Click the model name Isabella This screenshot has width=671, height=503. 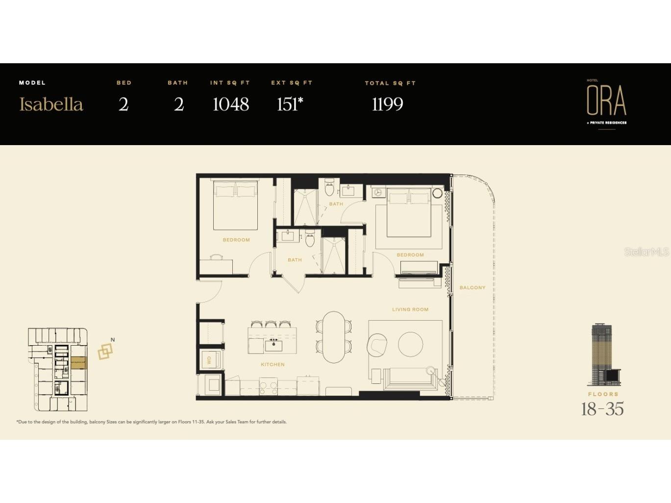pyautogui.click(x=51, y=104)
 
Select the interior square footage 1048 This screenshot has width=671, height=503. pyautogui.click(x=230, y=104)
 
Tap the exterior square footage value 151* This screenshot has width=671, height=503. pyautogui.click(x=290, y=104)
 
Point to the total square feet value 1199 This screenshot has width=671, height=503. pyautogui.click(x=387, y=104)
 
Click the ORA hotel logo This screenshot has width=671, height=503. pyautogui.click(x=606, y=101)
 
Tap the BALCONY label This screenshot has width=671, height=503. pyautogui.click(x=472, y=288)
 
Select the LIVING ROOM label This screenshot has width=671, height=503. pyautogui.click(x=410, y=309)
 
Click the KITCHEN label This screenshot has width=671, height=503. pyautogui.click(x=273, y=364)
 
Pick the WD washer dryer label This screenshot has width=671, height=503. pyautogui.click(x=209, y=360)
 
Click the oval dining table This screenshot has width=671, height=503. pyautogui.click(x=334, y=337)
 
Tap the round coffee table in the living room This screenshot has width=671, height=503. pyautogui.click(x=410, y=344)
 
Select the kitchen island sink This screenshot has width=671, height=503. pyautogui.click(x=273, y=345)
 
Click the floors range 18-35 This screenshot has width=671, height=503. pyautogui.click(x=602, y=409)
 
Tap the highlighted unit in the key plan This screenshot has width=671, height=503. pyautogui.click(x=78, y=363)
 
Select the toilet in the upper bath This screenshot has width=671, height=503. pyautogui.click(x=329, y=188)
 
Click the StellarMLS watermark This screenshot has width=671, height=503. pyautogui.click(x=646, y=252)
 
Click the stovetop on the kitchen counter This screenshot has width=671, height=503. pyautogui.click(x=269, y=387)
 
